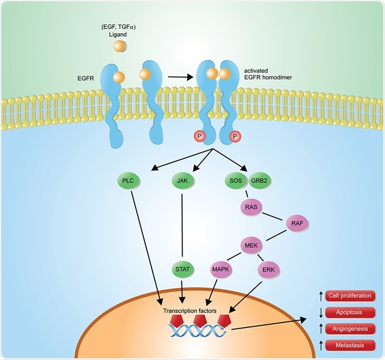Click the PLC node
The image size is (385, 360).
[x=128, y=181]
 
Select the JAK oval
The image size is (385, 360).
[x=182, y=181]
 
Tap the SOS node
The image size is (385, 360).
[x=236, y=181]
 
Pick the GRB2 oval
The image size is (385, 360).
[x=259, y=181]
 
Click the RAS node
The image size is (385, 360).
[x=251, y=207]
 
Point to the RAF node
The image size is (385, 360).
[x=297, y=223]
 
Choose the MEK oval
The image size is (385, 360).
[x=252, y=245]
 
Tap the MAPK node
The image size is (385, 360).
[x=221, y=270]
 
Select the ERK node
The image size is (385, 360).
[x=269, y=270]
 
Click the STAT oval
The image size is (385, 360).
[x=182, y=270]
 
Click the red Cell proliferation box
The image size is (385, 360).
[x=350, y=296]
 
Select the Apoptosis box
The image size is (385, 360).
[x=350, y=312]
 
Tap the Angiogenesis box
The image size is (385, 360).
[x=350, y=329]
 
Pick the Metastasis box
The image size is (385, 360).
[x=350, y=345]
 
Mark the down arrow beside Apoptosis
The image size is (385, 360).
[x=321, y=312]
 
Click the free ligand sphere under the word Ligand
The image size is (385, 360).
[x=120, y=46]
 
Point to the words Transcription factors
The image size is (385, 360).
[x=190, y=311]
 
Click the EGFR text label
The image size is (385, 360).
[x=86, y=78]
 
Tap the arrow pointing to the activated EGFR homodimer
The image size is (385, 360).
[x=180, y=77]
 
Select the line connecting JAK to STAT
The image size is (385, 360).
[x=182, y=225]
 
